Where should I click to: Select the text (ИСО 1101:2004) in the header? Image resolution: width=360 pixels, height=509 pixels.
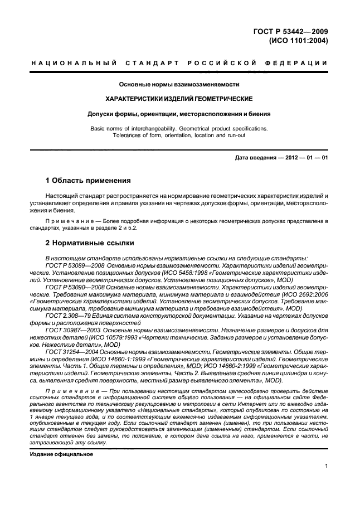coord(299,41)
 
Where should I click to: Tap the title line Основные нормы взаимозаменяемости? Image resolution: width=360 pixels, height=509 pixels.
coord(179,84)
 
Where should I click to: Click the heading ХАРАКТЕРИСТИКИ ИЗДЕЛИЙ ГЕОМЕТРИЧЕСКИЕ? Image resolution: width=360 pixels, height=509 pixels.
coord(179,99)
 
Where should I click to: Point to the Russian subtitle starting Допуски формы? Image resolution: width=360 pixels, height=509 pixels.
coord(179,114)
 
